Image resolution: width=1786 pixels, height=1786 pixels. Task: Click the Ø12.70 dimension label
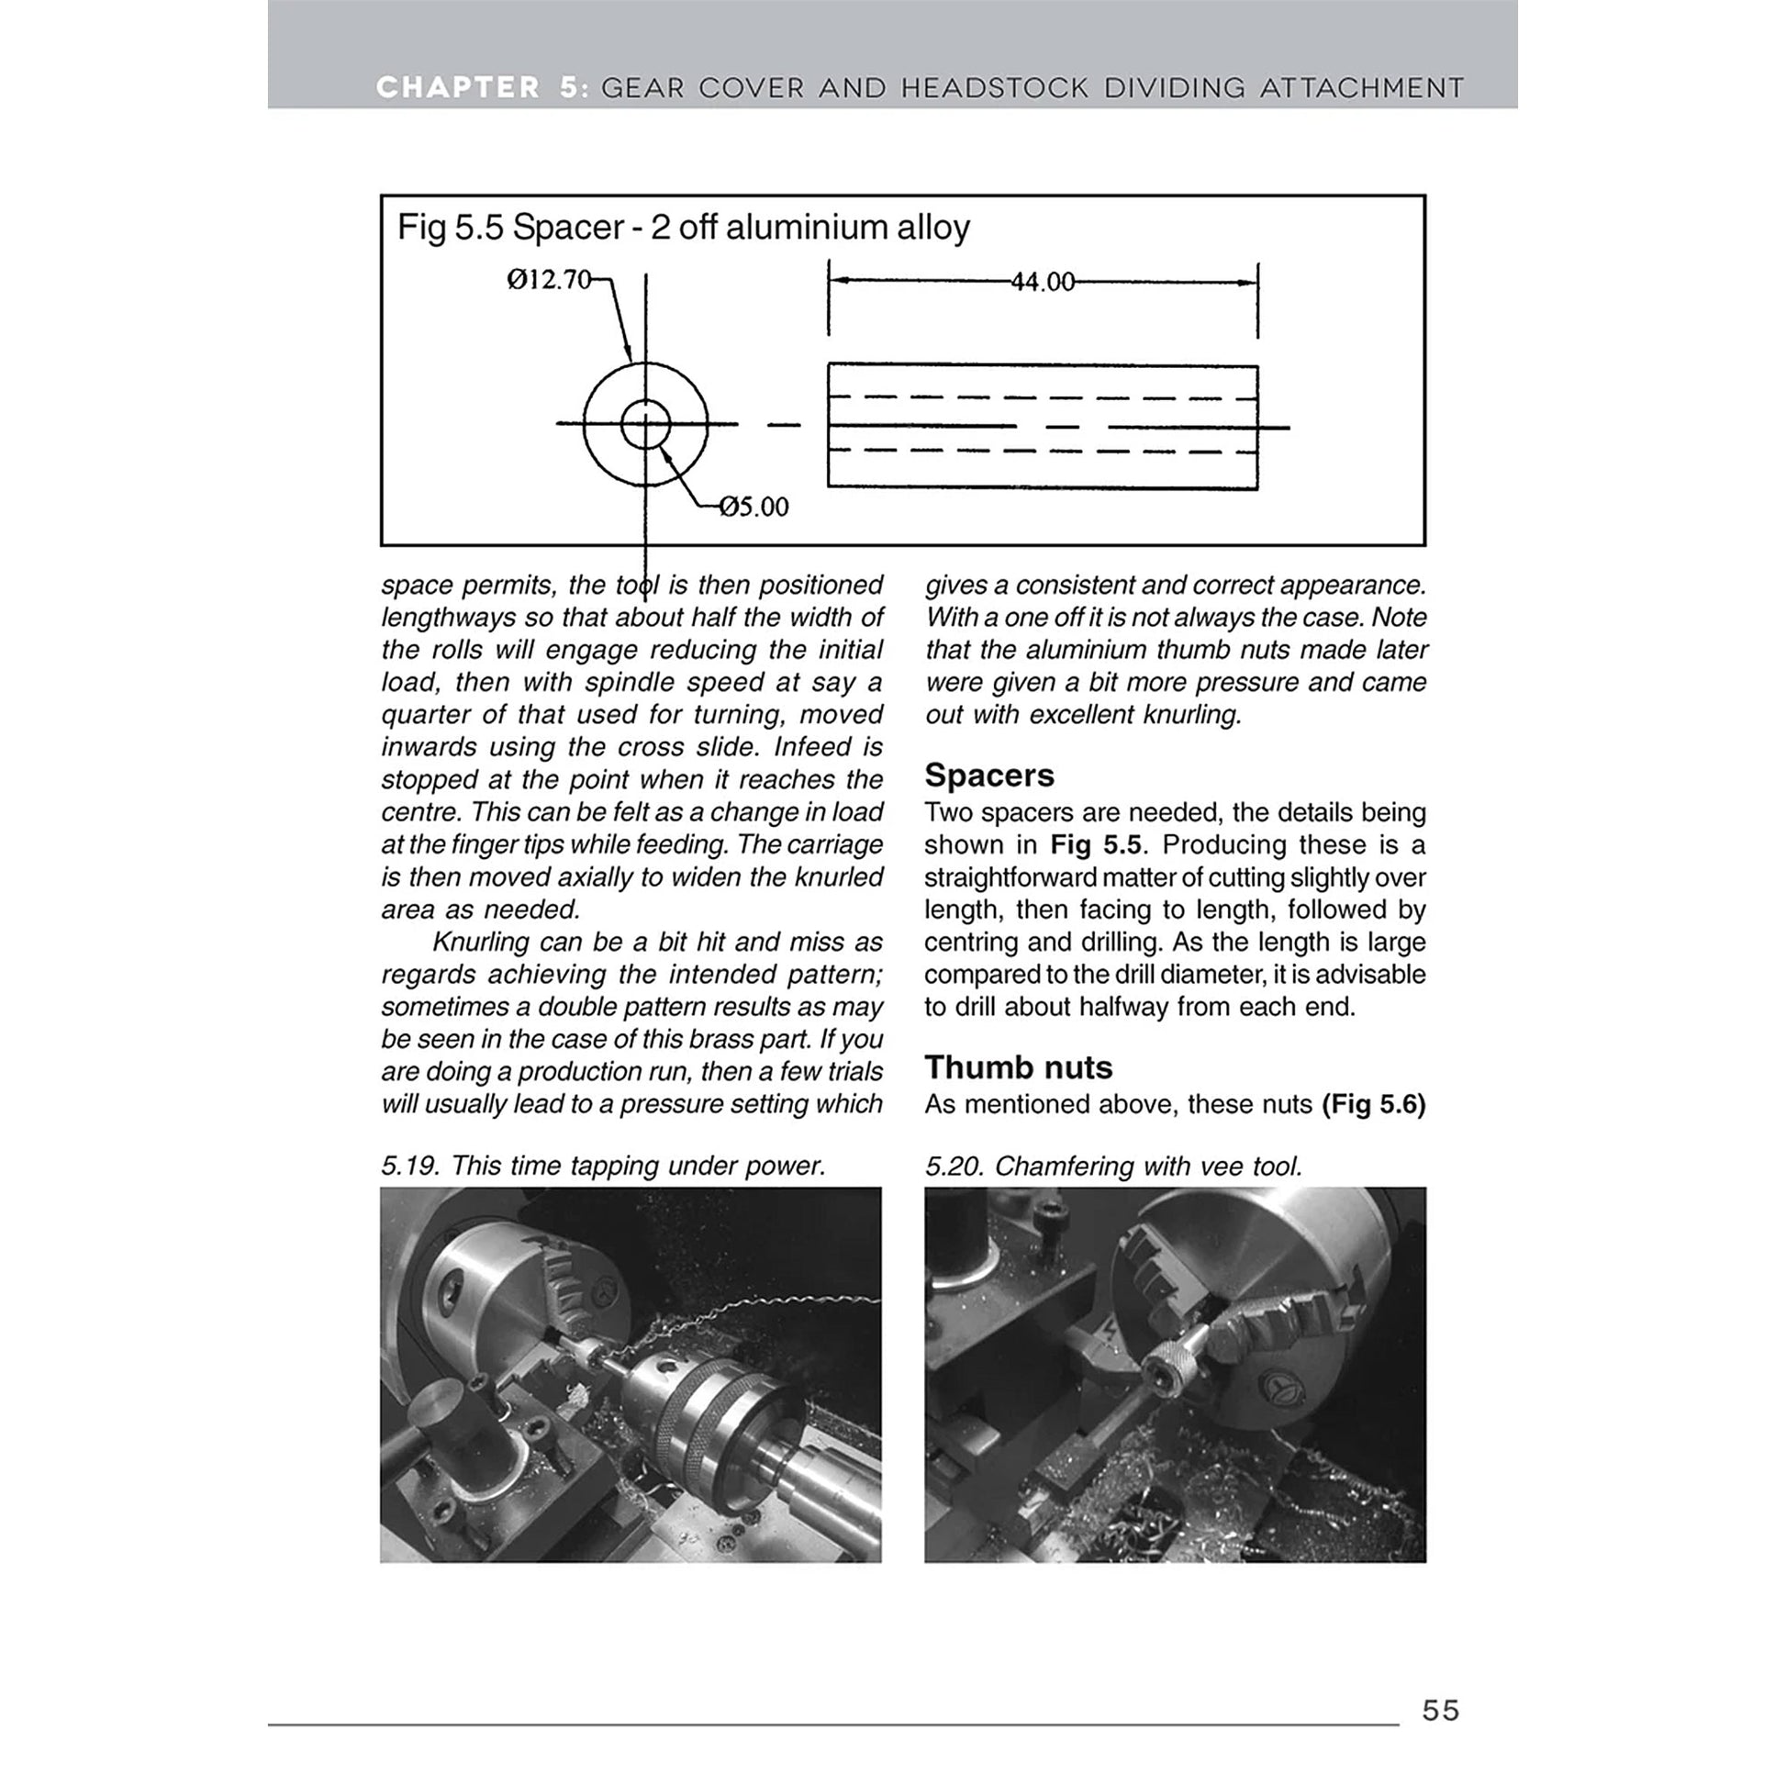549,279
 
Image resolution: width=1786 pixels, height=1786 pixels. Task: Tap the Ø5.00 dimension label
753,507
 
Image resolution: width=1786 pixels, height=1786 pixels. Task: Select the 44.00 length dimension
1043,282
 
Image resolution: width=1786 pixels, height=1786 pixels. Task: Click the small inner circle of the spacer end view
645,424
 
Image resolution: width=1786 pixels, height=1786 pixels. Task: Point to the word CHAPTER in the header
458,88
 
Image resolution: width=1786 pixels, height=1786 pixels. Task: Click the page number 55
1440,1709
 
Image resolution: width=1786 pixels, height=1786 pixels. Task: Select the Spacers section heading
988,775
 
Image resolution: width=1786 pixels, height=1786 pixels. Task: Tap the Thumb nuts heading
1018,1066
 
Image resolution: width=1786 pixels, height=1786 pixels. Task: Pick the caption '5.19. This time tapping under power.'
602,1166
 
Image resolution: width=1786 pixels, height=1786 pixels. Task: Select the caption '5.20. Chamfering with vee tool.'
1113,1166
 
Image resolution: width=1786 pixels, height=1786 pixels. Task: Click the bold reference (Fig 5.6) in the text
1374,1104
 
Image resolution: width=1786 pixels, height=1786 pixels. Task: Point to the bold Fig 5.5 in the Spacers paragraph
1096,845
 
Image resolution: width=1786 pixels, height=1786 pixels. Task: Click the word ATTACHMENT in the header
1362,88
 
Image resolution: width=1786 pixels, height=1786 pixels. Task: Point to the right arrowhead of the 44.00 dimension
1250,283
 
